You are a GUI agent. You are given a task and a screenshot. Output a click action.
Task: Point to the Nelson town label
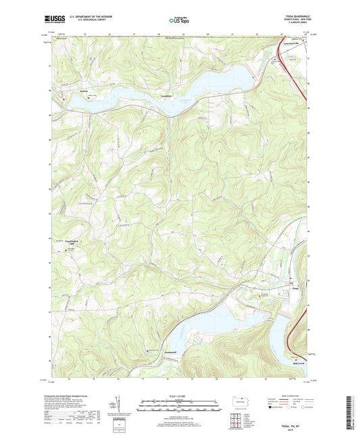[x=64, y=88]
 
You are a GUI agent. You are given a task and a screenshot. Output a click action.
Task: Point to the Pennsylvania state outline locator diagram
[x=240, y=400]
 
